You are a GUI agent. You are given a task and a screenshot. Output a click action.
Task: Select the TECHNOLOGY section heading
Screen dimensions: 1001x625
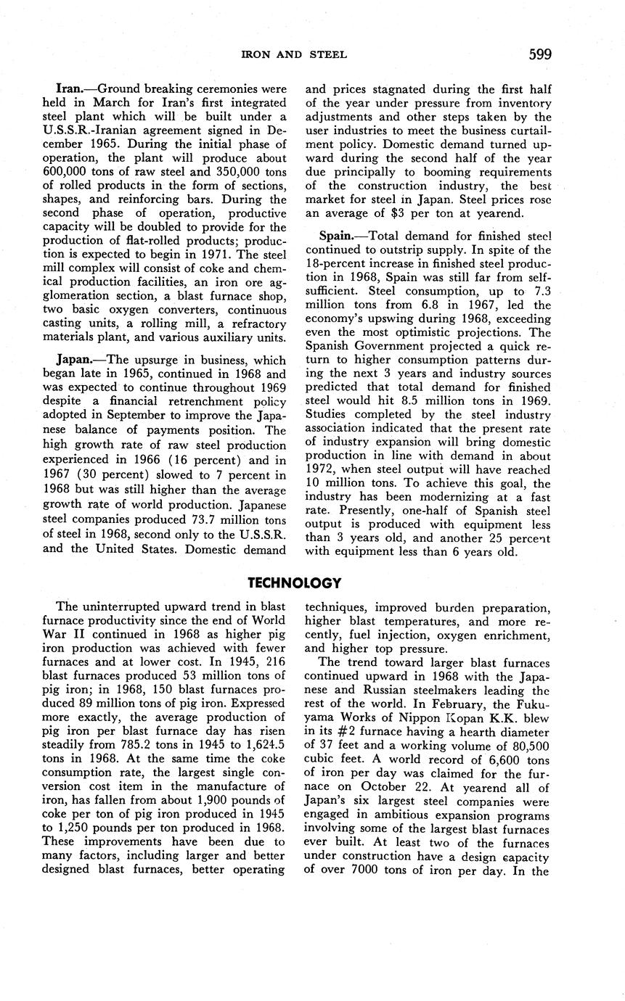pos(294,582)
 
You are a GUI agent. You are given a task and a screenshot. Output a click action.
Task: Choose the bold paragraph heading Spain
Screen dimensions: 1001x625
pos(335,236)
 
